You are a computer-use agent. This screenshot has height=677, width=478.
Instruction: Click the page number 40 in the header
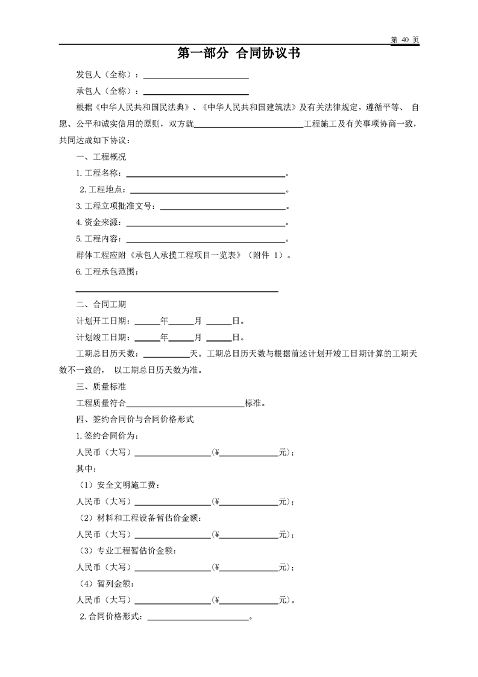pos(404,39)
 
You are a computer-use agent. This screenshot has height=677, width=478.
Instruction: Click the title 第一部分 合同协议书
pos(239,54)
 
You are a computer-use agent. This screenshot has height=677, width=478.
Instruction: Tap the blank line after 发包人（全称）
pos(196,75)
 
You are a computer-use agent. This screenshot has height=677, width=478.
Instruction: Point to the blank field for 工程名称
pos(204,173)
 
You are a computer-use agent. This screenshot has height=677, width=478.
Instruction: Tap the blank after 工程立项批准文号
pos(222,206)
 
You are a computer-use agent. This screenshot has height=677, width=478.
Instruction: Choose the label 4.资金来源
pos(98,223)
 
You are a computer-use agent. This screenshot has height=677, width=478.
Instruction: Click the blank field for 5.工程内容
pos(204,239)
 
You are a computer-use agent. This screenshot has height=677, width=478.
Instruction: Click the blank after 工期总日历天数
pos(166,353)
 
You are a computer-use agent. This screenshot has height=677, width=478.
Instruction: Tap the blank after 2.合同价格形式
pos(198,617)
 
